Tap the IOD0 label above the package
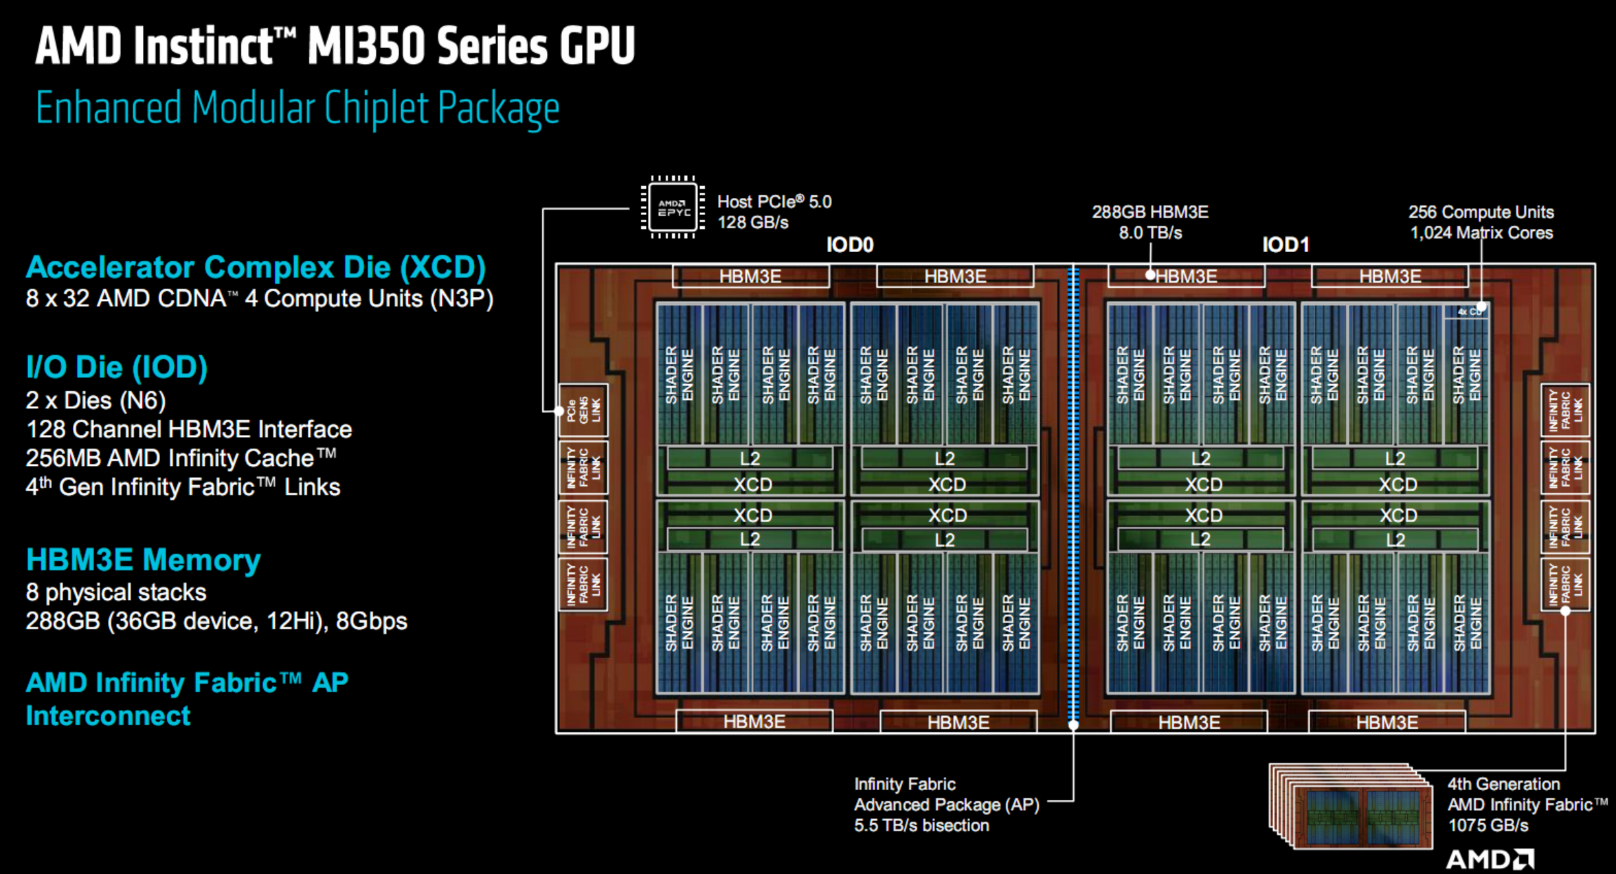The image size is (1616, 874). click(x=849, y=245)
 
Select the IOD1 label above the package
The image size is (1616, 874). click(x=1286, y=245)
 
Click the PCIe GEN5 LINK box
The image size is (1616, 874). click(x=583, y=410)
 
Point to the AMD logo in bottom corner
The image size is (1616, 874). click(x=1490, y=859)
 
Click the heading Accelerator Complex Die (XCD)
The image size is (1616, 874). click(x=256, y=267)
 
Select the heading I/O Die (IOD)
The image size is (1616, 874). click(x=117, y=368)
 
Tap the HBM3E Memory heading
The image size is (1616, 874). click(x=143, y=560)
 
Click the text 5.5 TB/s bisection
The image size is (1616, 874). click(x=921, y=825)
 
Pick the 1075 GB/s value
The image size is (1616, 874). click(x=1488, y=825)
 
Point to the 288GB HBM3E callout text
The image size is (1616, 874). click(x=1150, y=212)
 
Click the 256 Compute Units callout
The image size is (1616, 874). click(x=1481, y=212)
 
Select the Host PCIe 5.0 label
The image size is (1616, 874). click(x=774, y=202)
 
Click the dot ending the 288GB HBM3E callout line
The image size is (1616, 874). click(x=1150, y=275)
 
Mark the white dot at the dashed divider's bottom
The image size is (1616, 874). click(x=1073, y=724)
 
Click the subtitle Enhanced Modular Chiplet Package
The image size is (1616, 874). click(x=298, y=108)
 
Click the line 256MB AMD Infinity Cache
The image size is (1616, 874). click(x=181, y=458)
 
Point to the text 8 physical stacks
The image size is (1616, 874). click(x=116, y=592)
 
